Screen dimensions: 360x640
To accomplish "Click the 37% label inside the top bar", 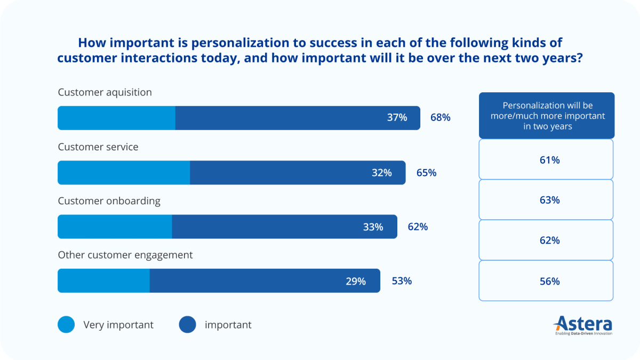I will (x=397, y=118).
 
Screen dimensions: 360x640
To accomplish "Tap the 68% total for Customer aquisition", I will (x=440, y=117).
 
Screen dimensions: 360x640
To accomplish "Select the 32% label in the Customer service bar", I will (x=382, y=173).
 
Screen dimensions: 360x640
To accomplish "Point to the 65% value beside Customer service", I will (x=426, y=173).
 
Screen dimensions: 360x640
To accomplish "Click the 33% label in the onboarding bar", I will (x=373, y=227).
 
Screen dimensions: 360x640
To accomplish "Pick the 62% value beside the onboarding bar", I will (x=418, y=227).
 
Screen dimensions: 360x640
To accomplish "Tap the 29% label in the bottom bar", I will (x=356, y=282).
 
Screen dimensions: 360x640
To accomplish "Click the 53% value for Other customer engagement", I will (x=402, y=281).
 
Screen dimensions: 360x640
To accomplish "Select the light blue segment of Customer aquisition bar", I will (x=116, y=118).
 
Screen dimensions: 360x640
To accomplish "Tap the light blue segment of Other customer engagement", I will (x=103, y=281).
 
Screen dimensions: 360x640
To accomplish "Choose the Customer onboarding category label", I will (x=109, y=201).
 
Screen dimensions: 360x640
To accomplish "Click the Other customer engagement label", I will (x=125, y=255).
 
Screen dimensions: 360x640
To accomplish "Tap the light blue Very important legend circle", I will (x=66, y=325).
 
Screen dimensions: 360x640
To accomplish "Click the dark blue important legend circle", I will (x=187, y=325).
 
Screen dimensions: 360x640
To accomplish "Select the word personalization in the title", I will (x=206, y=43).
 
